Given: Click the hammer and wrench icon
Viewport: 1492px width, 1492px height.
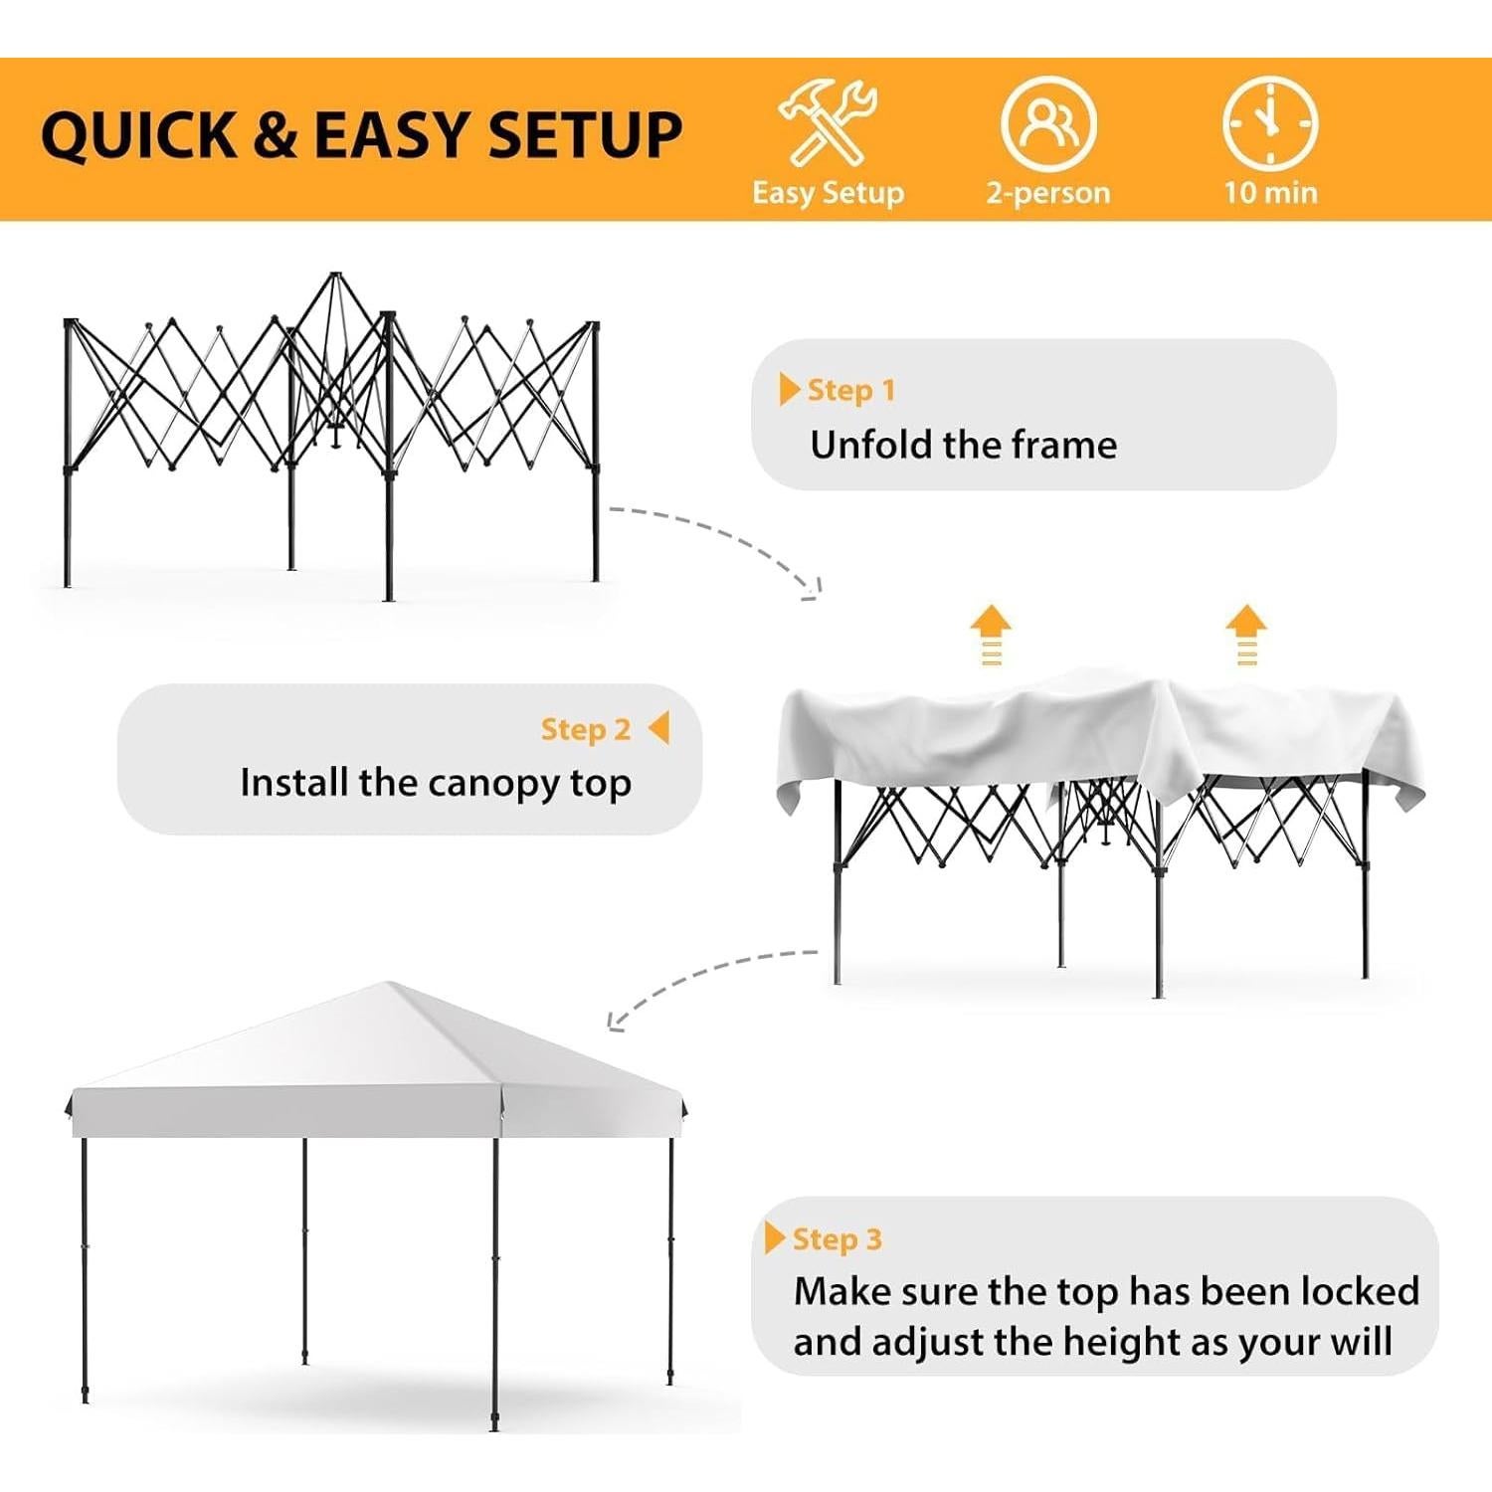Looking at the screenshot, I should tap(828, 123).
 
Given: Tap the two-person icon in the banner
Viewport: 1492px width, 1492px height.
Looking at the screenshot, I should tap(1048, 123).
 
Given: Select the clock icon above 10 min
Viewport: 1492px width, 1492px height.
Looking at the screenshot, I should tap(1270, 123).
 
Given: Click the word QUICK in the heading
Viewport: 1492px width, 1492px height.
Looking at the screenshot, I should tap(138, 135).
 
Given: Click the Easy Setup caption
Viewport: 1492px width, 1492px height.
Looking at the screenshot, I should tap(828, 192).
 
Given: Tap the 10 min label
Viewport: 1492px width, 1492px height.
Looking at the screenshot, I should tap(1270, 192).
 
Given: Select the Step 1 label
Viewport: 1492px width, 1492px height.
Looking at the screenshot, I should tap(850, 390).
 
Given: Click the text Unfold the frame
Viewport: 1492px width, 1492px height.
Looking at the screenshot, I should tap(963, 445).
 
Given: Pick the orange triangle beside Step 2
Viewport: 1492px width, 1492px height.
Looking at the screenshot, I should tap(659, 728).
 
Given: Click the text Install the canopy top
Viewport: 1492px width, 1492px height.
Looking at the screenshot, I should tap(436, 784).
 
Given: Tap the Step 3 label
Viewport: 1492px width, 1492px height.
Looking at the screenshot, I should tap(837, 1239).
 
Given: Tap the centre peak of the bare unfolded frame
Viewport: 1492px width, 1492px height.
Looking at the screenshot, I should tap(335, 277).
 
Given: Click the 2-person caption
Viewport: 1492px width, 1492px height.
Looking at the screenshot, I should tap(1048, 192).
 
